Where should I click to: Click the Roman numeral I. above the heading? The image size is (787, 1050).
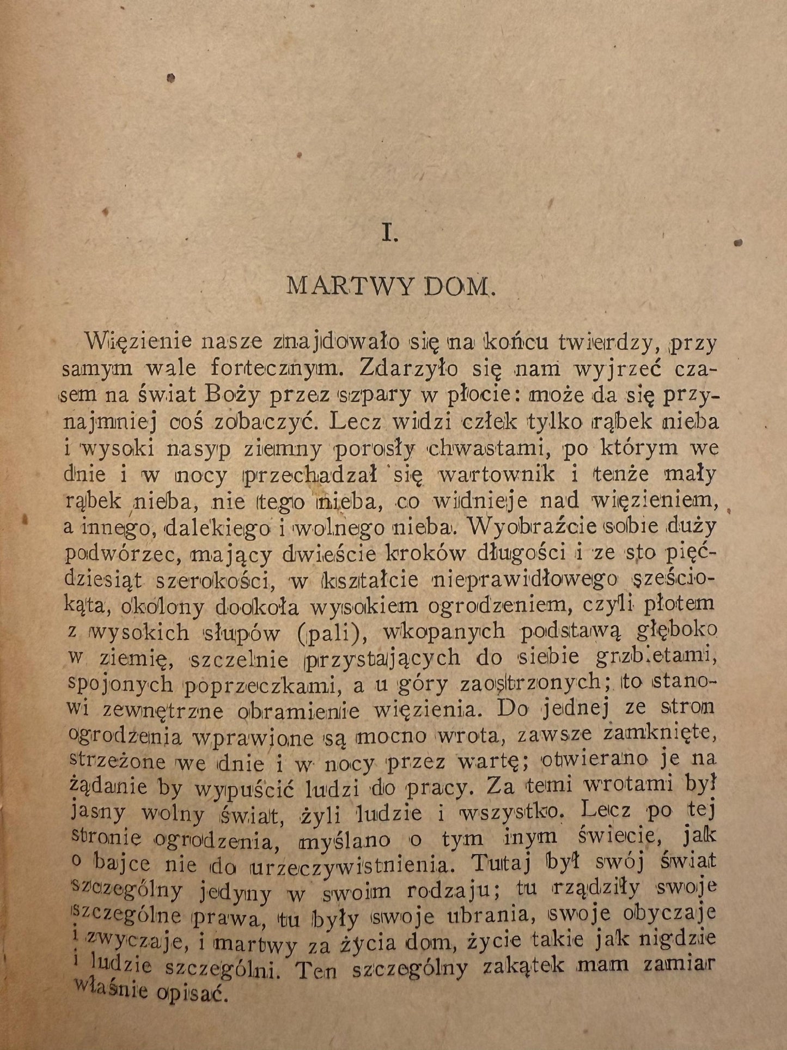[391, 234]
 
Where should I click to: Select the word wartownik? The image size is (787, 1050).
[496, 474]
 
